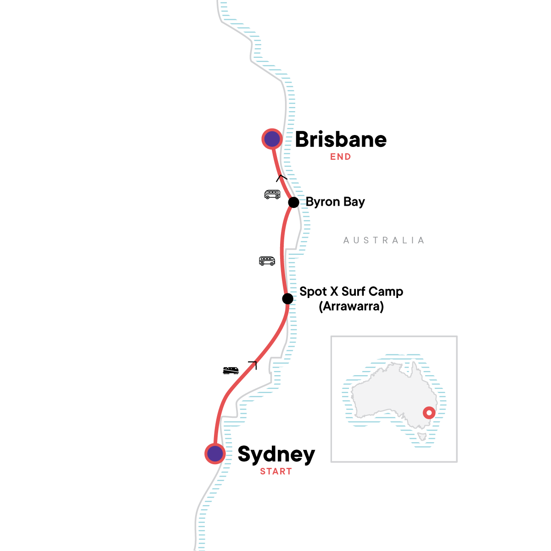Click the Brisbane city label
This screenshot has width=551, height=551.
point(341,140)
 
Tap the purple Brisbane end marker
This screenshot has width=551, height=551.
point(272,139)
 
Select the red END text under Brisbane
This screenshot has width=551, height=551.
point(341,157)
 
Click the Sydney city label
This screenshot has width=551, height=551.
point(276,454)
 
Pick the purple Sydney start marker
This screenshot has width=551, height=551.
point(215,454)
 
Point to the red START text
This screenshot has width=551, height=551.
point(276,472)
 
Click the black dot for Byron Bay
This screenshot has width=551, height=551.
point(293,202)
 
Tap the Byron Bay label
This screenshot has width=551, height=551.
point(335,202)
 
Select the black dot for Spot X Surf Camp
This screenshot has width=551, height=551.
point(287,299)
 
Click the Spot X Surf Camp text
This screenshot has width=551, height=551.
point(351,292)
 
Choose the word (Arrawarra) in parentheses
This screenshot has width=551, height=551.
point(351,306)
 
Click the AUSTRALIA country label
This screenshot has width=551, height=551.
point(384,240)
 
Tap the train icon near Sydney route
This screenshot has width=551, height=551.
point(231,370)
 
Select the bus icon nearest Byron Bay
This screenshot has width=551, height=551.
point(272,194)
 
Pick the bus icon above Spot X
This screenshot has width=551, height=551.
point(267,261)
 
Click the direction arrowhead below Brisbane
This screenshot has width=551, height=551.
point(281,178)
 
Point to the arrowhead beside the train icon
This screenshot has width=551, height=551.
point(253,365)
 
